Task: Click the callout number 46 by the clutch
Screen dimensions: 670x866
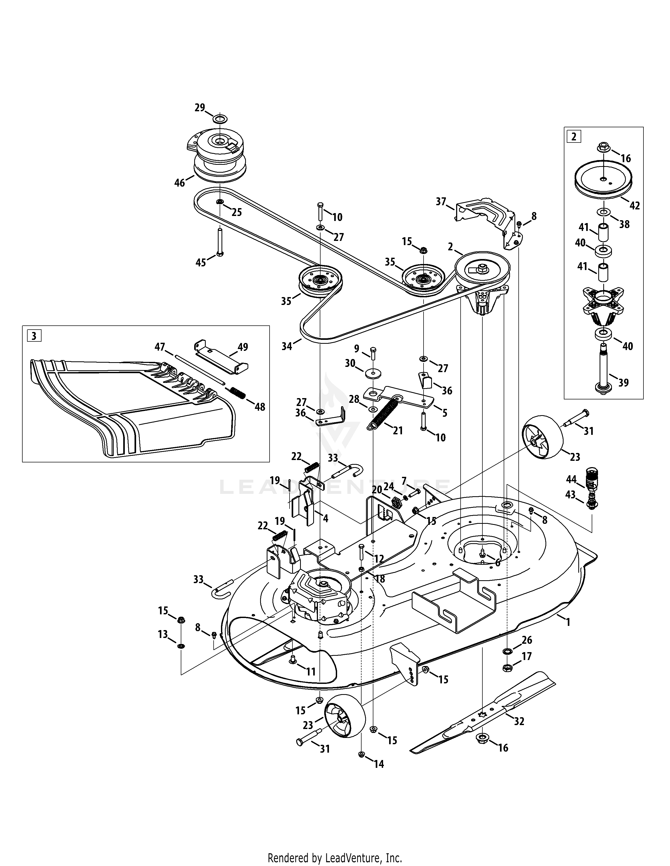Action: coord(179,183)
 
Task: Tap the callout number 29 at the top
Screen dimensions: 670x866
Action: coord(200,107)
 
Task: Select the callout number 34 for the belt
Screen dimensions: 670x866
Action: coord(287,347)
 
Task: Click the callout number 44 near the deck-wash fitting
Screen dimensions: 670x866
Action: coord(571,479)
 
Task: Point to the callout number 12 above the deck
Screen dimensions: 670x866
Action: coord(379,559)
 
